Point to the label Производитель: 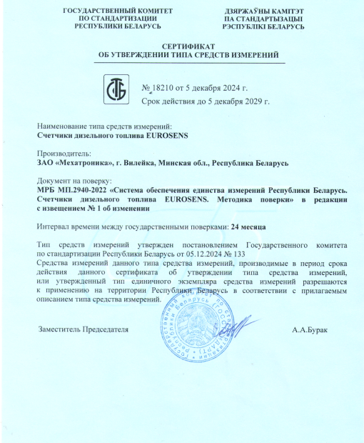tap(64, 153)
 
